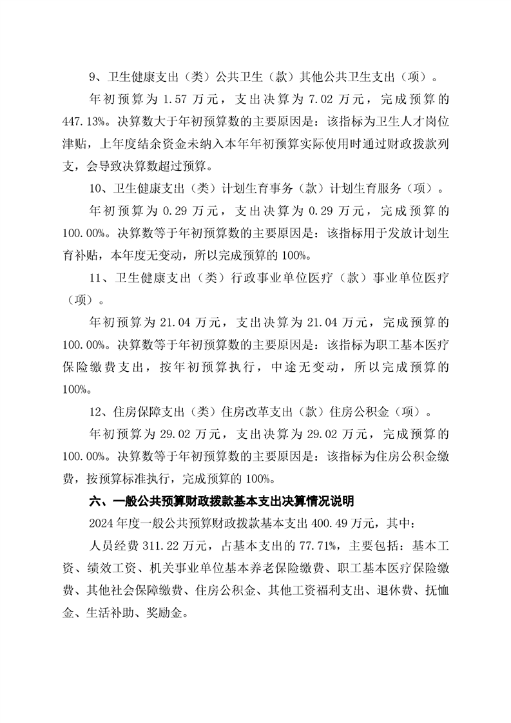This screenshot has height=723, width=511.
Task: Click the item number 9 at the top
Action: click(93, 78)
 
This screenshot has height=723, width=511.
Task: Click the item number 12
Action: click(96, 410)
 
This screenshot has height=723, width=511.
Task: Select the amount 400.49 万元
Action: click(352, 523)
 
